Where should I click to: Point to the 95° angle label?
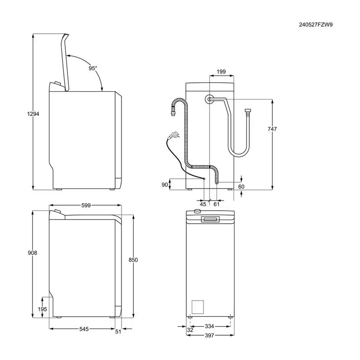[93, 68]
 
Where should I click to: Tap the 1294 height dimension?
[33, 114]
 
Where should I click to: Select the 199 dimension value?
[221, 71]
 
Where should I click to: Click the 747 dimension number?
[272, 130]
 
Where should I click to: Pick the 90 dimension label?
[165, 184]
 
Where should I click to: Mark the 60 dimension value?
[241, 186]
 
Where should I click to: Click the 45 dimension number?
[203, 205]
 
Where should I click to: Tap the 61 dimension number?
[216, 205]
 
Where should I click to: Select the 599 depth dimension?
[86, 205]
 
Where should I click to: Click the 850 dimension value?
[133, 260]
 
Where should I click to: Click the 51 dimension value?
[118, 332]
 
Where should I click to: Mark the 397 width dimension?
[210, 336]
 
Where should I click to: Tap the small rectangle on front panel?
[198, 307]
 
